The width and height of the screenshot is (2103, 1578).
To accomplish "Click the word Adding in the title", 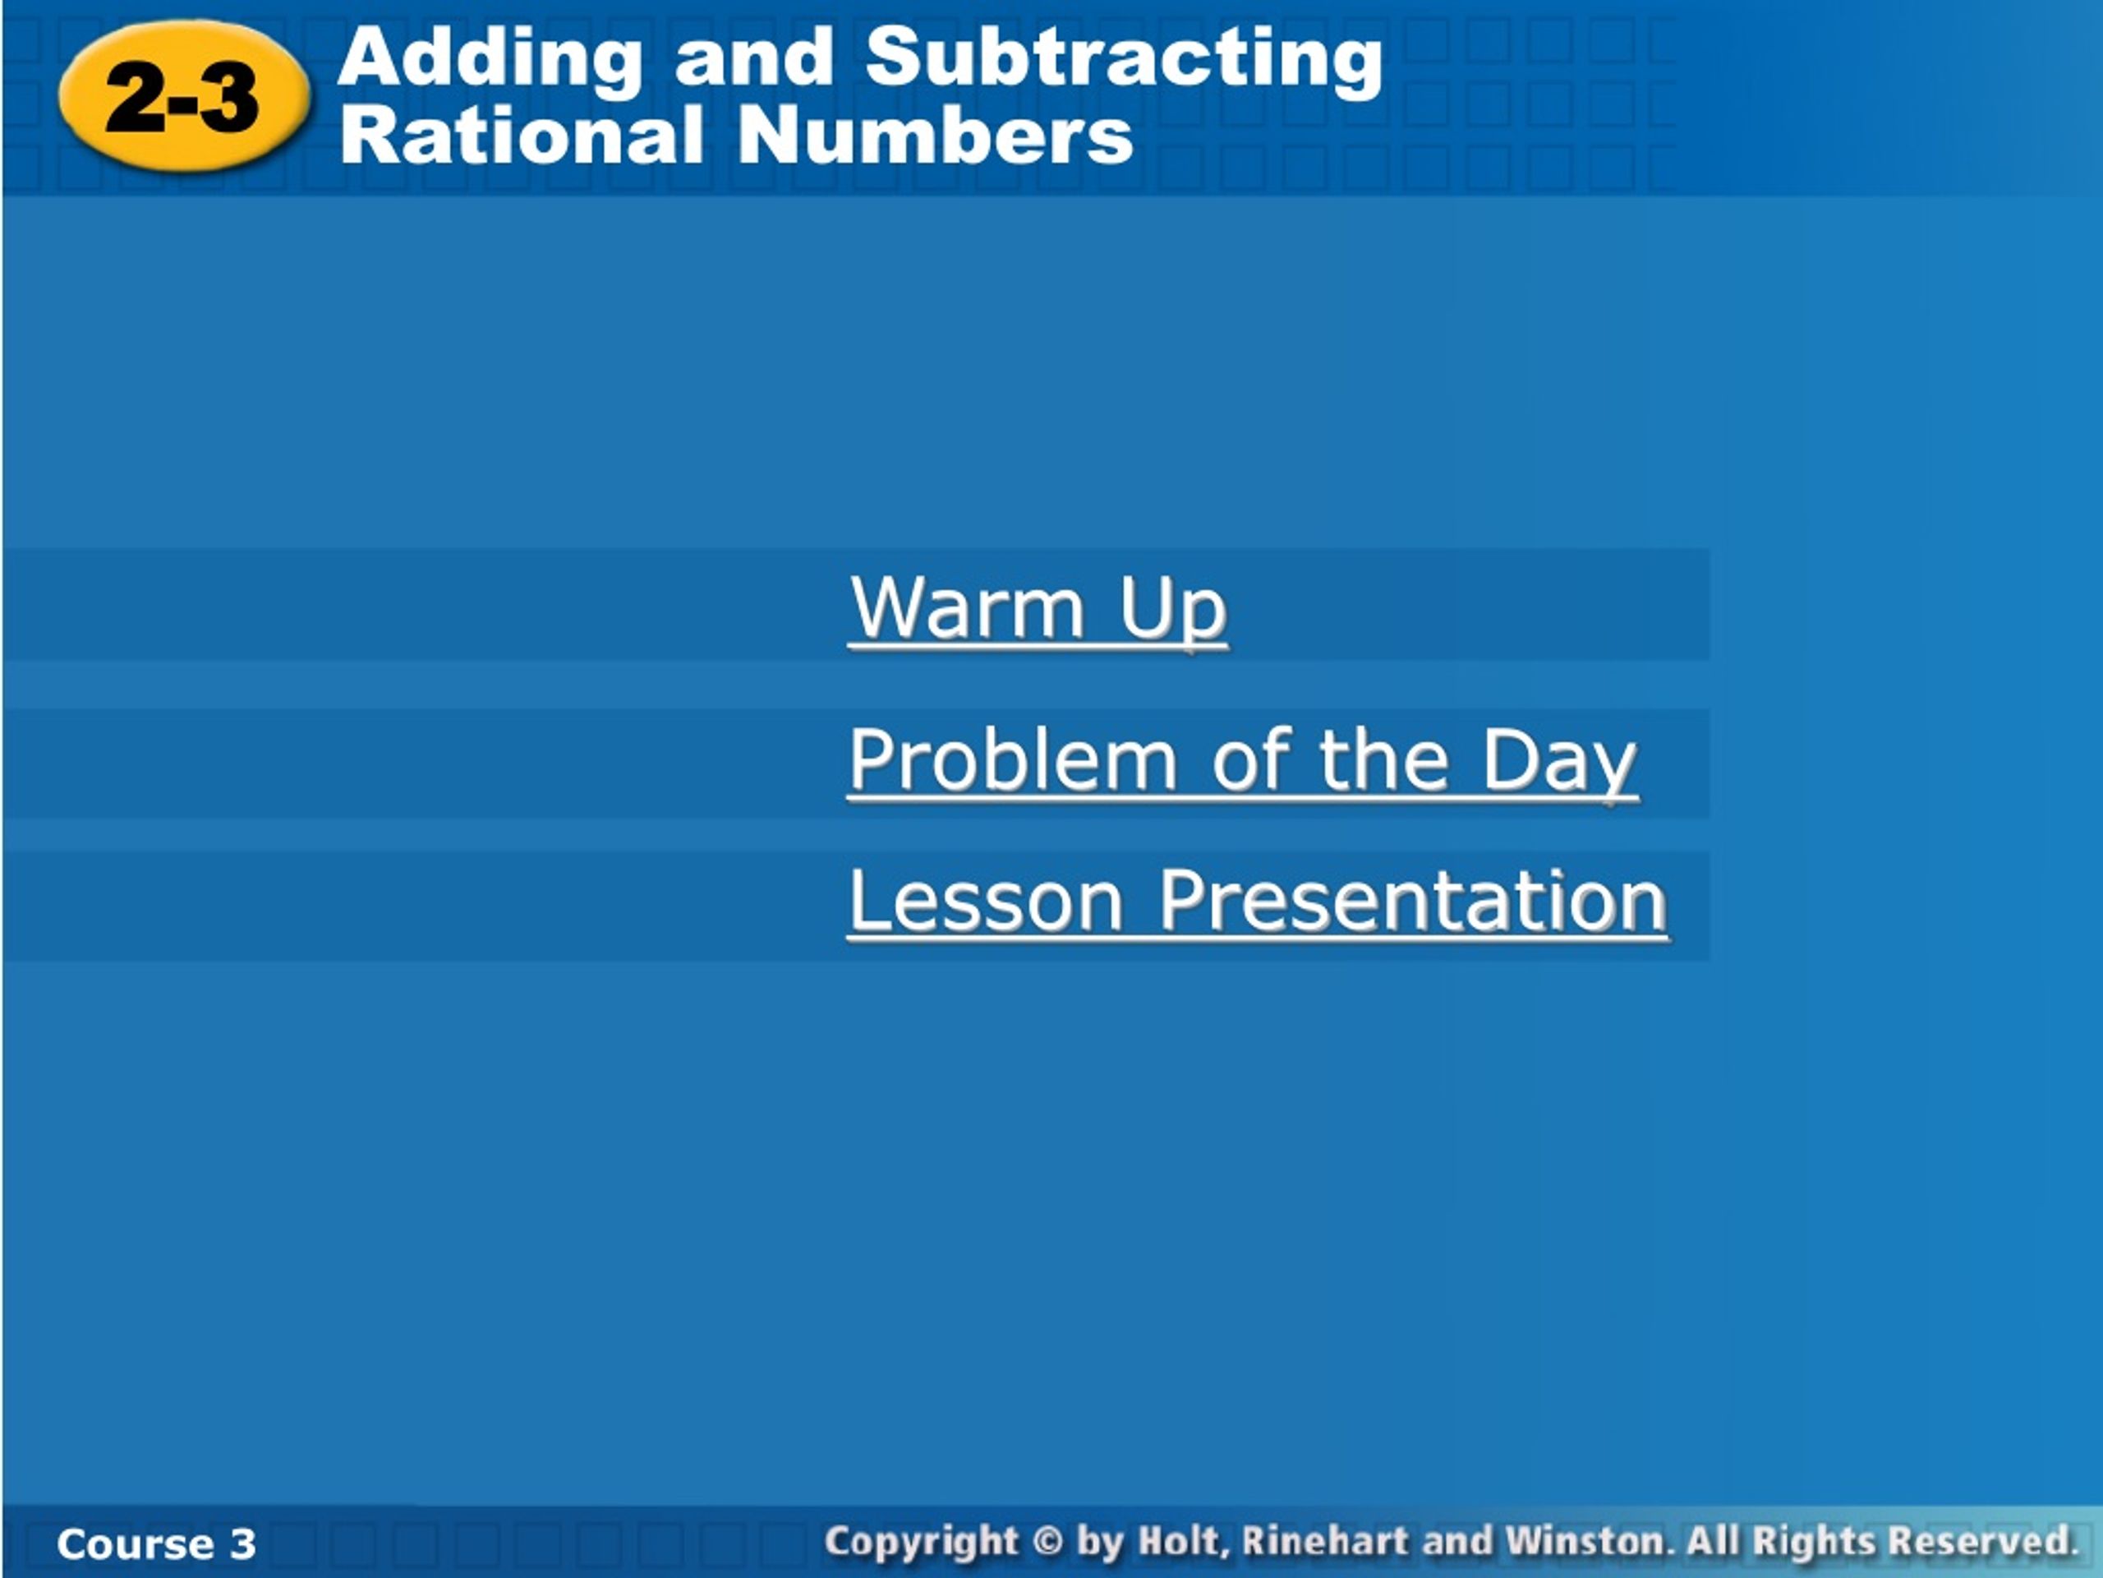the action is pos(490,59).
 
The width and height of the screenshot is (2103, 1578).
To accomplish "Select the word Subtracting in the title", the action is pos(1125,59).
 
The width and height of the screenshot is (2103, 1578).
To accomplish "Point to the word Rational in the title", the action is pos(522,134).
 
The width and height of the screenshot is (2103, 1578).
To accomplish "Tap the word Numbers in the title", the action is pos(936,134).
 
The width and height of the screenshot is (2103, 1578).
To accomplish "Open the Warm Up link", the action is pos(1038,611).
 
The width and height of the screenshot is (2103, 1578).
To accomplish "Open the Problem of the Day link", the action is pos(1243,761).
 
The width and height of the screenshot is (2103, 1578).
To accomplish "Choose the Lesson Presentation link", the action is pos(1258,901).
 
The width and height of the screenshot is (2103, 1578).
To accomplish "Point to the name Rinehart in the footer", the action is pos(1325,1541).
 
